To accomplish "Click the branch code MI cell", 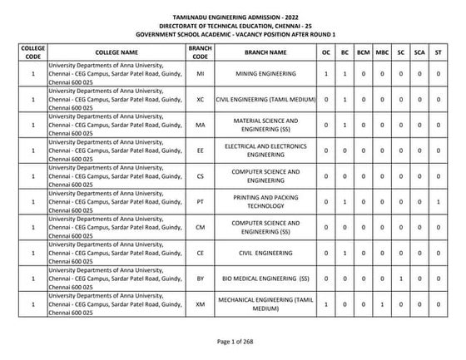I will coord(201,74).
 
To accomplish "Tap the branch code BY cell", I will coord(201,279).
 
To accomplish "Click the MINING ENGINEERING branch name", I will coord(265,74).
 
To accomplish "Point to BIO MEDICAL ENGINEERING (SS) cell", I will coord(265,279).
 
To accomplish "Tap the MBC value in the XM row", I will coord(382,305).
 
